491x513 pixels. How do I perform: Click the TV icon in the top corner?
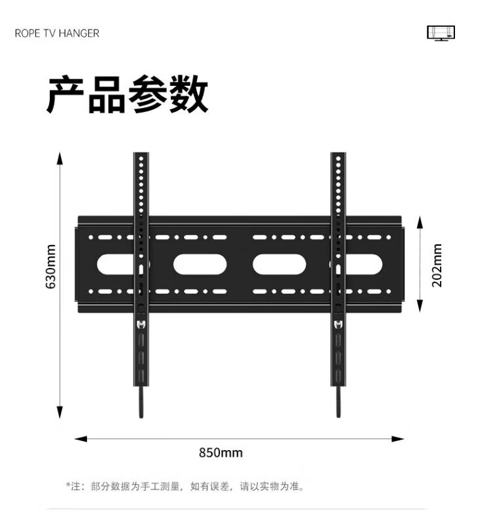click(441, 33)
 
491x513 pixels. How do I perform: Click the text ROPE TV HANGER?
click(57, 33)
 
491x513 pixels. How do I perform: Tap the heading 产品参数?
click(127, 95)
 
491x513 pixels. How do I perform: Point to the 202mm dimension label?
click(437, 265)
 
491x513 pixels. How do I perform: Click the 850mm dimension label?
click(221, 453)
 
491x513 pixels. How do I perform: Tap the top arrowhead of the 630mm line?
click(60, 158)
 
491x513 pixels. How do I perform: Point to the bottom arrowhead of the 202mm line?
click(420, 308)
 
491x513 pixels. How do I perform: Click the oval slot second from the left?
click(200, 264)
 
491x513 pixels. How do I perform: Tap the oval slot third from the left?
click(280, 264)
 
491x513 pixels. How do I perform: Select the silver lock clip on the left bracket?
click(141, 324)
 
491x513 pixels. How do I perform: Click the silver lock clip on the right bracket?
click(338, 324)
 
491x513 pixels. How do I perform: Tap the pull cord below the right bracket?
click(338, 401)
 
